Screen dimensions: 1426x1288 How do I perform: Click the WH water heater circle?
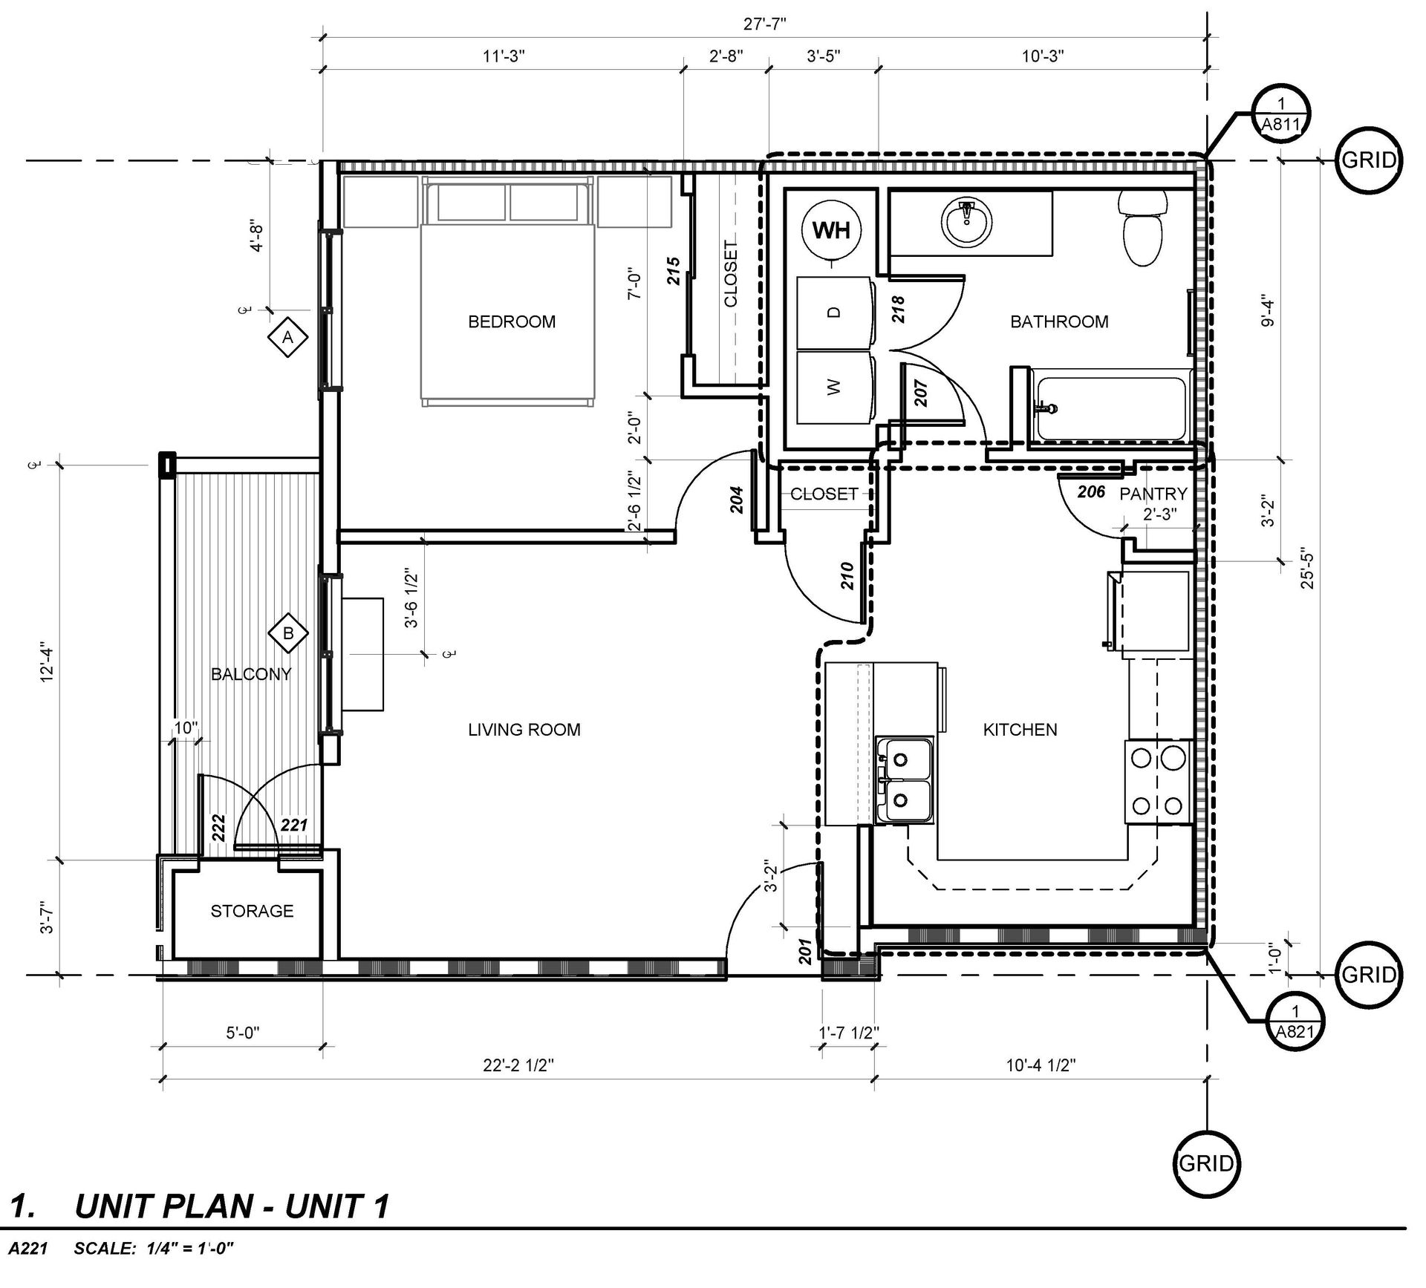tap(831, 230)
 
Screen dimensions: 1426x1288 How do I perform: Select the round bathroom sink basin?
tap(966, 223)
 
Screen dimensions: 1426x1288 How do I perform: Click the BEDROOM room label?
tap(512, 321)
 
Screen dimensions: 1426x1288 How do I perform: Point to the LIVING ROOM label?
tap(524, 730)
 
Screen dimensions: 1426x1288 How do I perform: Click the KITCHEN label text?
tap(1020, 730)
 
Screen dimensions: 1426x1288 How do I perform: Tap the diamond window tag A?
tap(288, 338)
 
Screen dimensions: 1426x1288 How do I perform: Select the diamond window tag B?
tap(288, 633)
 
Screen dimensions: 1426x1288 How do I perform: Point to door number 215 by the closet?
tap(673, 271)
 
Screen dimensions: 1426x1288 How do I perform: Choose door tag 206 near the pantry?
tap(1091, 491)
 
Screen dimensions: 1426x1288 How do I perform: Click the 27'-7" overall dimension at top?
tap(765, 24)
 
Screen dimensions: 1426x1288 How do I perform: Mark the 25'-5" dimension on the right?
tap(1308, 569)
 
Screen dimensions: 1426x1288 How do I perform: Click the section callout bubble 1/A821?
tap(1295, 1024)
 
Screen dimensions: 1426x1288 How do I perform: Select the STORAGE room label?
tap(252, 911)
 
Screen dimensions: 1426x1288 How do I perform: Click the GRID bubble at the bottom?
tap(1206, 1163)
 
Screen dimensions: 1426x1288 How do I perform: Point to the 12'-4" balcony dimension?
tap(48, 661)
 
